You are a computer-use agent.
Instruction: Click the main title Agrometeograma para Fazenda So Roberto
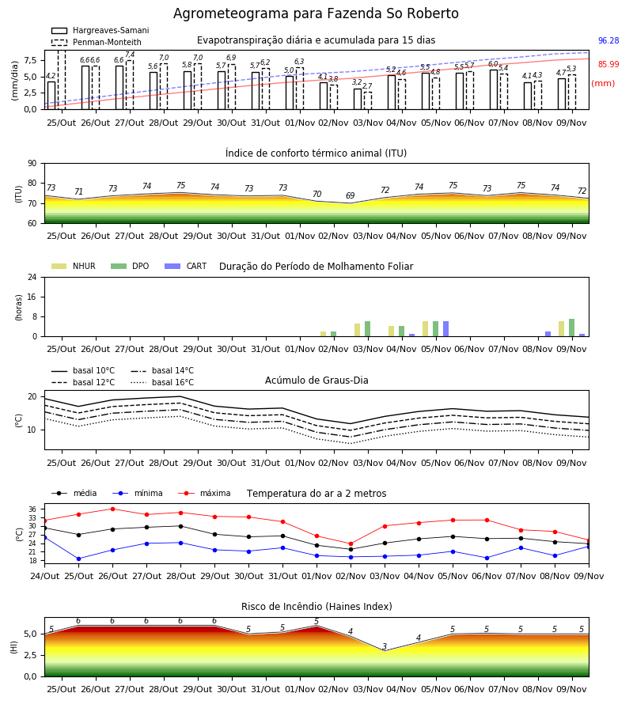point(316,13)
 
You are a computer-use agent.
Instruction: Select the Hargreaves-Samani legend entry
point(100,30)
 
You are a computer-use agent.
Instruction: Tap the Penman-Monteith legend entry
point(97,42)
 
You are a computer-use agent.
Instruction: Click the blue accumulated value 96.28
point(608,40)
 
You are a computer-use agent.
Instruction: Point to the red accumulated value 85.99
point(608,65)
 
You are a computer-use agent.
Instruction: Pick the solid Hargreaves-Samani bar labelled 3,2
point(358,99)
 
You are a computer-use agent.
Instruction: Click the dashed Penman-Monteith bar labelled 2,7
point(368,100)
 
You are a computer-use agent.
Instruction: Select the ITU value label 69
point(350,195)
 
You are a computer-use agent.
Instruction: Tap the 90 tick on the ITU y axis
point(32,164)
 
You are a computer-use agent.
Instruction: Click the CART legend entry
point(186,266)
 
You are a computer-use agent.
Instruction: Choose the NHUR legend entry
point(74,266)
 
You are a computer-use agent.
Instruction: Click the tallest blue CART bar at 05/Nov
point(446,329)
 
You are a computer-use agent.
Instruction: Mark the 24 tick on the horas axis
point(32,277)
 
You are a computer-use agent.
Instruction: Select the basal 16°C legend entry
point(162,382)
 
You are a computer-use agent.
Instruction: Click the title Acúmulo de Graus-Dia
point(316,381)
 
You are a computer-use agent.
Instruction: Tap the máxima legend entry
point(204,493)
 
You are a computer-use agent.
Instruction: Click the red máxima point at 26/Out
point(112,509)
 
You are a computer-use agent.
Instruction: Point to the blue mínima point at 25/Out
point(78,559)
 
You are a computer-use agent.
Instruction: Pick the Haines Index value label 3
point(385,646)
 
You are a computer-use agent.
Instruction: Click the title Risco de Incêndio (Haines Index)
point(316,607)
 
